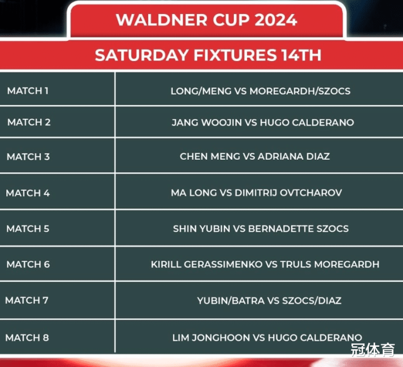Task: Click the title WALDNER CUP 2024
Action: (x=206, y=20)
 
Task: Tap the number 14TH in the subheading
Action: (x=301, y=55)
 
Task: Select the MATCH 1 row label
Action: (x=28, y=91)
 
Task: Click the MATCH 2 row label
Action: (x=29, y=122)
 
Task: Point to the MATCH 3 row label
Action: (x=28, y=156)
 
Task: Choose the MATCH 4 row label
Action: (x=28, y=193)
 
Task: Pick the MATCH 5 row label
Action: (x=28, y=229)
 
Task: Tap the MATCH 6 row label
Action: (x=28, y=264)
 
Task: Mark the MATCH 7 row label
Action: (x=27, y=300)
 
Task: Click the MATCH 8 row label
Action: (x=27, y=337)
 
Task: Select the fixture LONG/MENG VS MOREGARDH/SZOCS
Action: (x=261, y=91)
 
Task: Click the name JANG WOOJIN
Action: (x=207, y=122)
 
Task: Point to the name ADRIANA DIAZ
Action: (x=294, y=156)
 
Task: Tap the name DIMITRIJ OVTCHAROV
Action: (x=288, y=193)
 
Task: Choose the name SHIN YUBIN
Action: (x=202, y=229)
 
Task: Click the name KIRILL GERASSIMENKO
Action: (x=207, y=264)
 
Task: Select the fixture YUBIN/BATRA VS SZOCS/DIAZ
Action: (x=269, y=300)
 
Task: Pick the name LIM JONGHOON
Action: (x=211, y=337)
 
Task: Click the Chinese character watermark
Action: (x=373, y=350)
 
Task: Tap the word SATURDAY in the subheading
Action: (x=142, y=55)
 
